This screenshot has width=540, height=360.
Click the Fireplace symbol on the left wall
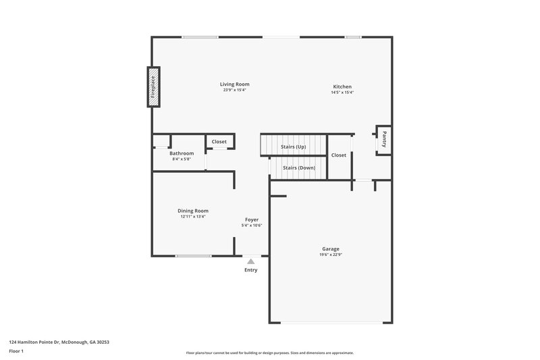coord(154,86)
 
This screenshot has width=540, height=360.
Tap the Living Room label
coord(234,84)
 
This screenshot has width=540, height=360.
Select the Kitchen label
coord(342,86)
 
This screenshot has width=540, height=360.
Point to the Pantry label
coord(384,139)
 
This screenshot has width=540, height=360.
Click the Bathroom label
coord(182,153)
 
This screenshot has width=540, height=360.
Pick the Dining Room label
coord(193,211)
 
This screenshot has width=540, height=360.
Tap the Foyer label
coord(251,220)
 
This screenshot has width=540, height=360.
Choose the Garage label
coord(330,249)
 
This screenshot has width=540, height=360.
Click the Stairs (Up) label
coord(294,147)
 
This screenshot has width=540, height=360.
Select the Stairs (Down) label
coord(298,167)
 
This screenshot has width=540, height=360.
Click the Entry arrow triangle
coord(251,261)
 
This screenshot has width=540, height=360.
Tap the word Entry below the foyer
coord(251,270)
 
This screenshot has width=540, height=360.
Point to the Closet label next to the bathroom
coord(219,142)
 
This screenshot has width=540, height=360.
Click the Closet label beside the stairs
coord(339,155)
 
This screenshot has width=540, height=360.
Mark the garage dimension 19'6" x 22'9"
coord(330,255)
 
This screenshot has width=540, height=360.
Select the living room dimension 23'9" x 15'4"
coord(234,91)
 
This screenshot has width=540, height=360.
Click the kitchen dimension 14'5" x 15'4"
coord(342,93)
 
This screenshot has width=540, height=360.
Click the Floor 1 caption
coord(16,352)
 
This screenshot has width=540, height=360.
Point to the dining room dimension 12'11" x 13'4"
coord(193,217)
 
